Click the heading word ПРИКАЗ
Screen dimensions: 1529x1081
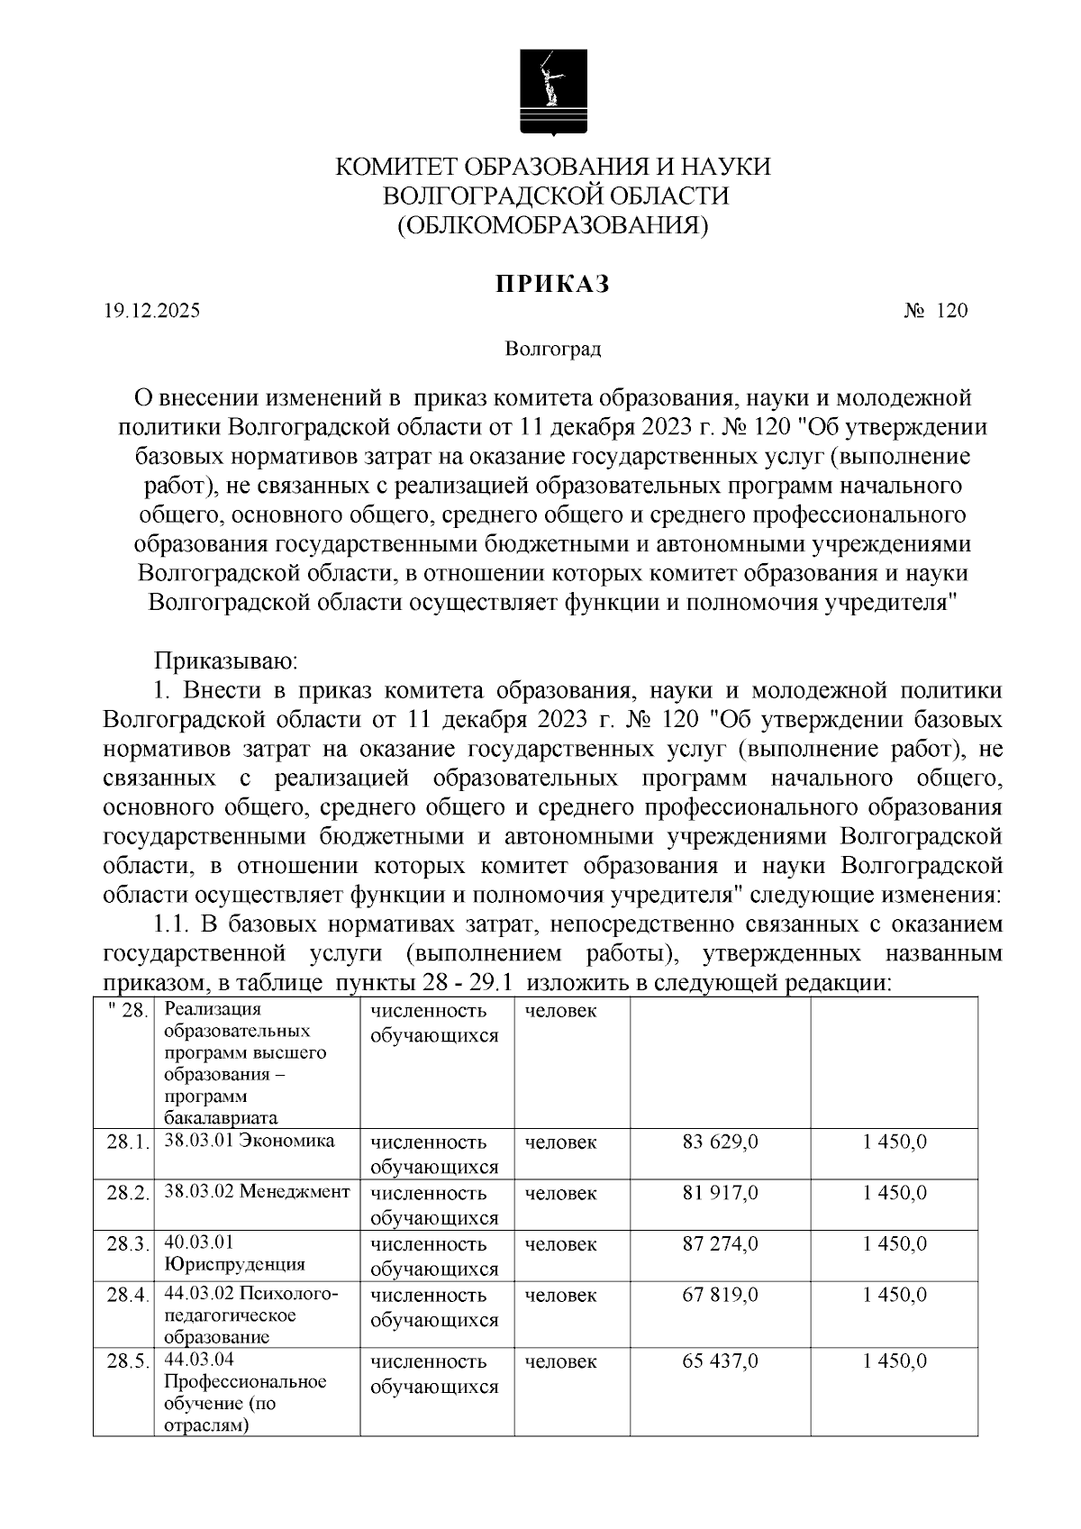point(552,284)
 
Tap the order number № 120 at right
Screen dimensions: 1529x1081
point(935,312)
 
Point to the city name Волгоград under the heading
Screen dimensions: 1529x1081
point(552,349)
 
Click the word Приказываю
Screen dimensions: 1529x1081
point(226,661)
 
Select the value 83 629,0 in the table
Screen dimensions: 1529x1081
point(720,1142)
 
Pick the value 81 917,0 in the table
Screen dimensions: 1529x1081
point(720,1193)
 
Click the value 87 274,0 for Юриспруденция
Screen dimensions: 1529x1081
point(720,1244)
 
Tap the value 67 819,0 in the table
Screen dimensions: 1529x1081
point(720,1296)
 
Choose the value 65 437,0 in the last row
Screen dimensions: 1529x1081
point(720,1361)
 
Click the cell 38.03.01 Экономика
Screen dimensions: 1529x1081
point(250,1142)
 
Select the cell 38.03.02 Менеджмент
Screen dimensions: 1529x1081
point(257,1192)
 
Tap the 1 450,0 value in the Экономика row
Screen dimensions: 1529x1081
point(894,1142)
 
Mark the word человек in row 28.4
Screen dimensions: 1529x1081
point(560,1296)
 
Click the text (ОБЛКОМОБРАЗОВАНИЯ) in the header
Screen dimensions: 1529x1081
point(553,224)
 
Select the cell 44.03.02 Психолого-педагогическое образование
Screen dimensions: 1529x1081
point(250,1315)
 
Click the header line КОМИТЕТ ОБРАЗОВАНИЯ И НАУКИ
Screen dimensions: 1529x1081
point(553,168)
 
